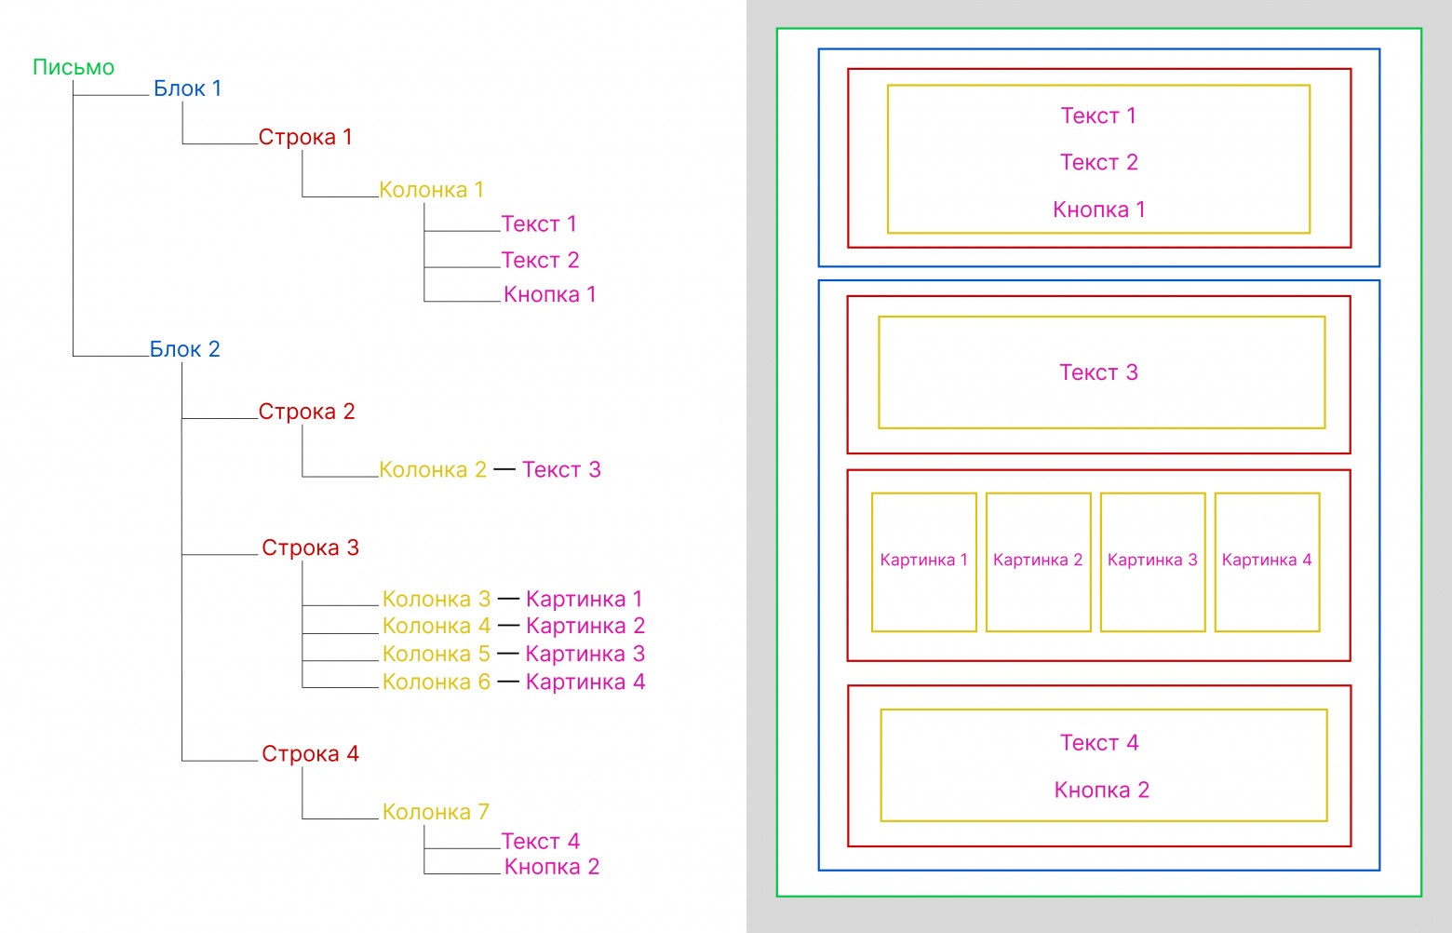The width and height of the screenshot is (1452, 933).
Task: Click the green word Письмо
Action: (x=74, y=68)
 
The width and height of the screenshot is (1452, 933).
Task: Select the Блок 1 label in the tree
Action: (x=187, y=88)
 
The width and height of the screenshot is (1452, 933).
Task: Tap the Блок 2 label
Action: (x=184, y=349)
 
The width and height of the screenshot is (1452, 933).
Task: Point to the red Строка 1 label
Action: (x=305, y=137)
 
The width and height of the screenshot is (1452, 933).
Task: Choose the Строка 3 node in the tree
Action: (x=310, y=548)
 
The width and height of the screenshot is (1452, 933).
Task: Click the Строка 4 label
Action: (x=310, y=753)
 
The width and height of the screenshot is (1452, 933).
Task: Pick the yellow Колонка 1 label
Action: (x=431, y=190)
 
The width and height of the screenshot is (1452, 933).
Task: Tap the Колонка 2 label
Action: (x=433, y=469)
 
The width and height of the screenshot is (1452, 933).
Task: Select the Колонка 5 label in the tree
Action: (x=436, y=654)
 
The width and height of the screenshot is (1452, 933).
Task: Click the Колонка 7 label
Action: (x=436, y=812)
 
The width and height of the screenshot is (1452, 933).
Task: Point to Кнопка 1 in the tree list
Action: (x=549, y=294)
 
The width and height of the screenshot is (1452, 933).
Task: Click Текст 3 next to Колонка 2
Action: (x=561, y=469)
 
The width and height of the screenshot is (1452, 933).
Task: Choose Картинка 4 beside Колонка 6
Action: (x=585, y=682)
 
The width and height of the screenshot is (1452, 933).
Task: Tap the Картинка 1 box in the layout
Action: (x=923, y=561)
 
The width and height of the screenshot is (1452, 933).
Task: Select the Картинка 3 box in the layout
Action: (x=1152, y=561)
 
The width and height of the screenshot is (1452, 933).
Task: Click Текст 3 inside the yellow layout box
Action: (x=1098, y=372)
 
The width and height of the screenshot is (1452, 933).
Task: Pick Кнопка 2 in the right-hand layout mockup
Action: (x=1101, y=790)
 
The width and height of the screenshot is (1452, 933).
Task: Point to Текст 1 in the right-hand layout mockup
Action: (x=1098, y=115)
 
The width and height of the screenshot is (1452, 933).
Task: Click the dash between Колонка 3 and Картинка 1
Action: (x=508, y=598)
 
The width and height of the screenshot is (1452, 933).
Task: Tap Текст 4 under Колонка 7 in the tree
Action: (x=540, y=842)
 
